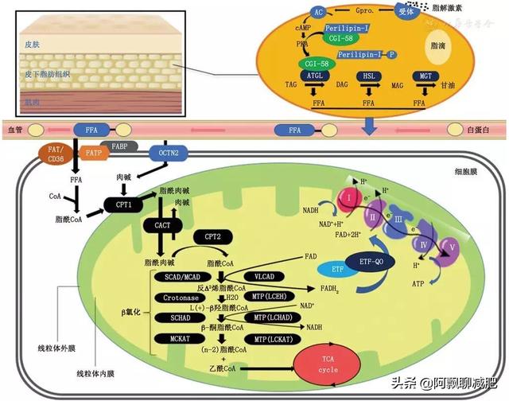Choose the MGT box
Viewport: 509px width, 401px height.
[426, 76]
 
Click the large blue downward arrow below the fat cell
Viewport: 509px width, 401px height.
[371, 125]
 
